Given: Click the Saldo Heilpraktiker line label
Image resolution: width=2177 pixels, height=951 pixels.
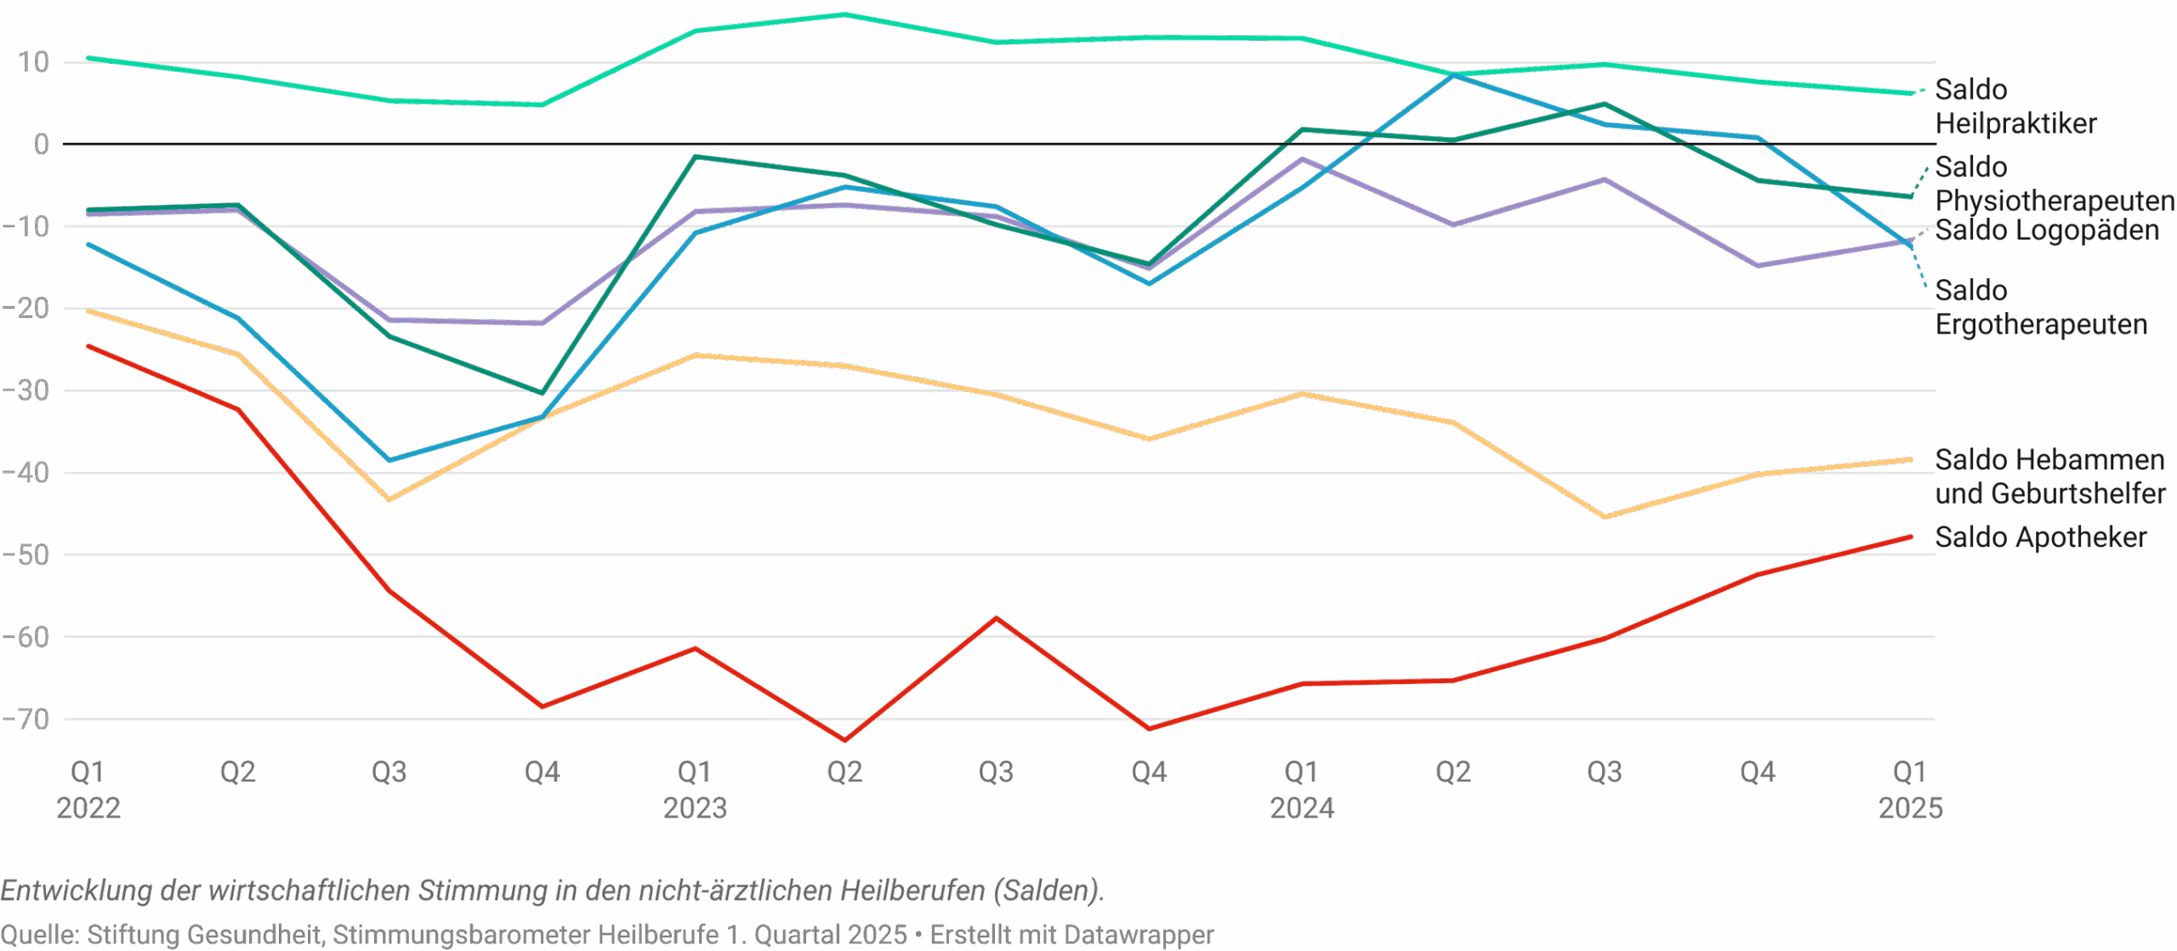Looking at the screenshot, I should [2015, 106].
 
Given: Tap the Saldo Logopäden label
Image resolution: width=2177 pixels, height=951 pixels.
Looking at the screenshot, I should [2046, 231].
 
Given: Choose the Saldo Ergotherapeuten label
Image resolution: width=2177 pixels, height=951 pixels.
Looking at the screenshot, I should [2040, 307].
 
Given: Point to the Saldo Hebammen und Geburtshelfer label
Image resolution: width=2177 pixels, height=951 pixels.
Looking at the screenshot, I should [2049, 476].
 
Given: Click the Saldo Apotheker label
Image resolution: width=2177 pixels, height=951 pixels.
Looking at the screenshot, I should [2040, 538].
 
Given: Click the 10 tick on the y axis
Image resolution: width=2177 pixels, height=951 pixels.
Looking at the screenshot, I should [32, 62].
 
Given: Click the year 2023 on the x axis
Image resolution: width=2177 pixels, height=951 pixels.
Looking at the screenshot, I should [695, 806].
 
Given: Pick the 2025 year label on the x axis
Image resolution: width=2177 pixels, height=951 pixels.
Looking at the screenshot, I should [1910, 806].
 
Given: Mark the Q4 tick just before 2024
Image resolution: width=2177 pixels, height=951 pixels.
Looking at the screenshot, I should [1149, 772].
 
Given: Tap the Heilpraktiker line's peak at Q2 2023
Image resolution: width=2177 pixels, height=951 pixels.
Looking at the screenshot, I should [844, 14].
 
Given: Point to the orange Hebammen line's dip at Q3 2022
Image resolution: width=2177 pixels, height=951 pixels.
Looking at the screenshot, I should [389, 499].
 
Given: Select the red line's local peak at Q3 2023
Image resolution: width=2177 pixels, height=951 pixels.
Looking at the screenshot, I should [997, 618].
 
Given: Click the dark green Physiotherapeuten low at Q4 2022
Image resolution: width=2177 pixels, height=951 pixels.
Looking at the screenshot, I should [542, 393].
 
